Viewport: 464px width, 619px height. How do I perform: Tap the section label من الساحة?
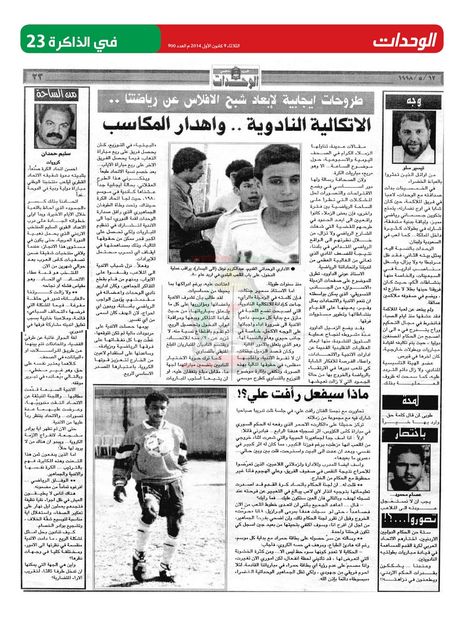coord(53,94)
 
